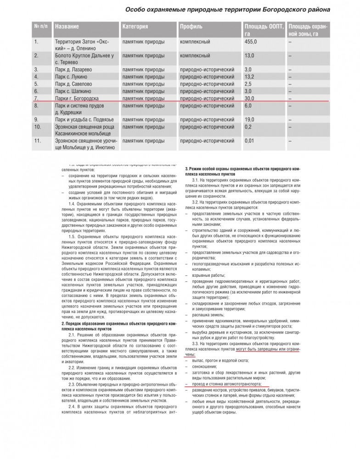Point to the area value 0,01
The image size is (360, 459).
251,140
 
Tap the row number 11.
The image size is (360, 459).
38,140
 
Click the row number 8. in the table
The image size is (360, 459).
37,106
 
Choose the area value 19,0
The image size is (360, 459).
250,119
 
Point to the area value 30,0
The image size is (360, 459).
250,98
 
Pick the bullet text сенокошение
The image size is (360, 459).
206,367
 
